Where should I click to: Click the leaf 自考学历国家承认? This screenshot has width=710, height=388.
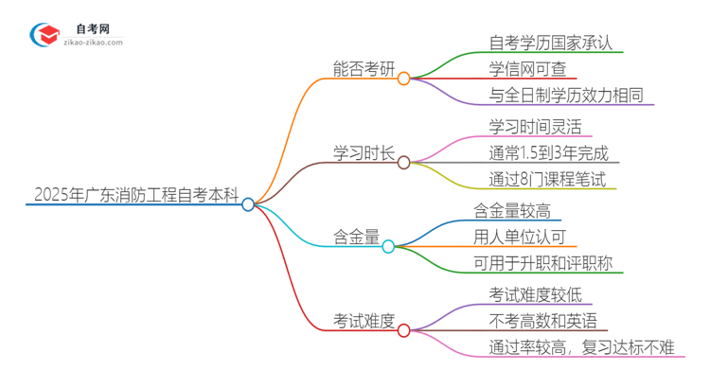pyautogui.click(x=542, y=43)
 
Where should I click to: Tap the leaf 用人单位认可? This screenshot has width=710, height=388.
pyautogui.click(x=520, y=236)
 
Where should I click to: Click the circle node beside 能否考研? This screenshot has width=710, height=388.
pyautogui.click(x=403, y=79)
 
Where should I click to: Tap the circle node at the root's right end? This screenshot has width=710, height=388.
pyautogui.click(x=248, y=203)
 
